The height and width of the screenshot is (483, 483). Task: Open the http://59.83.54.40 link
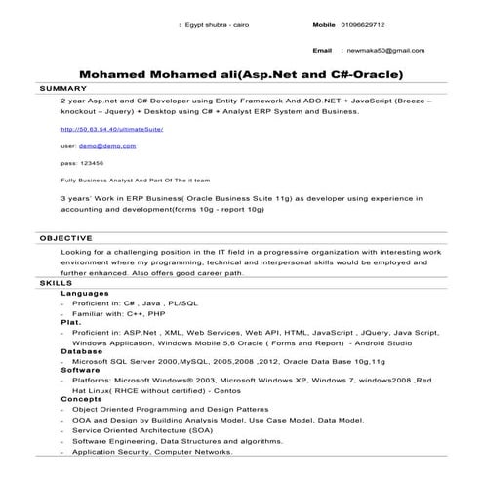[x=111, y=129]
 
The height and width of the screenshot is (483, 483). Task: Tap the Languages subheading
[x=85, y=294]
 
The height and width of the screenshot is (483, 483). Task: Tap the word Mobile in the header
[x=324, y=24]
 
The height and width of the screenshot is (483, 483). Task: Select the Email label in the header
[x=322, y=49]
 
